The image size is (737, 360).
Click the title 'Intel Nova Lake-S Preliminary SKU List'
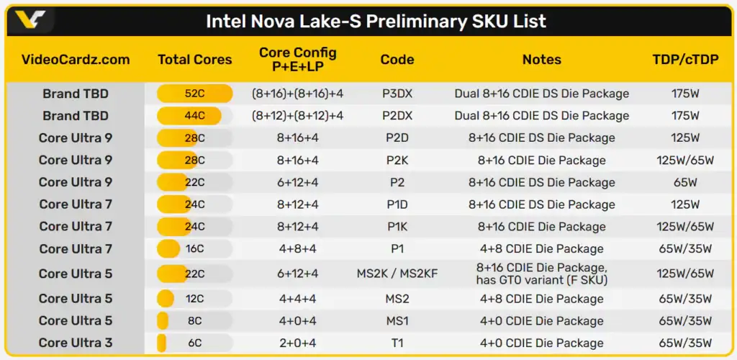point(376,21)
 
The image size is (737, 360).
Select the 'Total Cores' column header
point(195,60)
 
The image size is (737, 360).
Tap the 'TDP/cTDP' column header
point(685,60)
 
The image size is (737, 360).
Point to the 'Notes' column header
point(541,60)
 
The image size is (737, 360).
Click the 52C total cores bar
point(195,94)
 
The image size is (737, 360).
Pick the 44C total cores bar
point(189,116)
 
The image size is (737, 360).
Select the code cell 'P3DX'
point(398,94)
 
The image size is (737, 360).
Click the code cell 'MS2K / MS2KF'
point(397,274)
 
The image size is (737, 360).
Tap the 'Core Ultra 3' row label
point(76,343)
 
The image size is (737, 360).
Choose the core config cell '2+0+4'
point(297,343)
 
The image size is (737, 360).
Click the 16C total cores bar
point(169,249)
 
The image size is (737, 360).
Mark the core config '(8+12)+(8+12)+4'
point(297,116)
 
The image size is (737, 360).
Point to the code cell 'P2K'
point(398,161)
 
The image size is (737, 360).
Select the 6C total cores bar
point(163,343)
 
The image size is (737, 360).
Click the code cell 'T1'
point(398,343)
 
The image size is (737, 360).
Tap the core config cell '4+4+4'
point(297,299)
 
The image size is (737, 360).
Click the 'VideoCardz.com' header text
point(76,60)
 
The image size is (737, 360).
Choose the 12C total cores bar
point(166,299)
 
